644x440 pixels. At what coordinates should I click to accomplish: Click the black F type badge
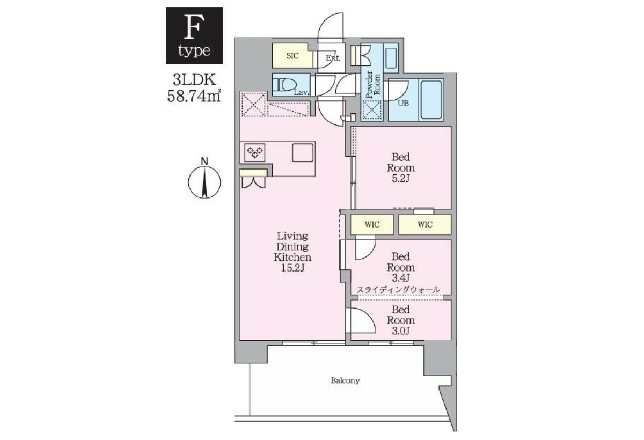click(x=194, y=35)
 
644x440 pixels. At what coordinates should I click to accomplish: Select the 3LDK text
click(x=194, y=79)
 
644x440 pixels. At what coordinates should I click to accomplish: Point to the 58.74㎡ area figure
click(x=194, y=96)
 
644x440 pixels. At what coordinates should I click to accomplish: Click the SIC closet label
click(x=292, y=56)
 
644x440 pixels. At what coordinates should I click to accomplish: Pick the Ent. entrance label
click(x=333, y=58)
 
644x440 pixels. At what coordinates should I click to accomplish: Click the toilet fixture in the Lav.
click(x=284, y=85)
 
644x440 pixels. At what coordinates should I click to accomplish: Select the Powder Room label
click(x=373, y=84)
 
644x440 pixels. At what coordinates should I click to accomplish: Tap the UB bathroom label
click(x=403, y=103)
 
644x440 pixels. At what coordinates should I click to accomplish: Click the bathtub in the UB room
click(x=431, y=100)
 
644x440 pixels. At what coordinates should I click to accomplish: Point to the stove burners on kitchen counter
click(x=255, y=152)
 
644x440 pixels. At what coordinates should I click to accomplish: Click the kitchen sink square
click(x=303, y=152)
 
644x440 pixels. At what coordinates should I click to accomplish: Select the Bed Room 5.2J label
click(x=401, y=168)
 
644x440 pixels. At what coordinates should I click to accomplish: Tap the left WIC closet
click(x=372, y=224)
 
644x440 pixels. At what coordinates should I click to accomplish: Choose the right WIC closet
click(x=425, y=224)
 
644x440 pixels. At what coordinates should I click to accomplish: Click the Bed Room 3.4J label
click(x=401, y=267)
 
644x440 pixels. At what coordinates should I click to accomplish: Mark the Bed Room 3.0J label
click(x=401, y=320)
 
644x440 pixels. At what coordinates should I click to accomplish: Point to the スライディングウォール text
click(x=398, y=290)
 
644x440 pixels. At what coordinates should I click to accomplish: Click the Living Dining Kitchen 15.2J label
click(x=292, y=252)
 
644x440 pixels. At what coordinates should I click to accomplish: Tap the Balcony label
click(x=345, y=380)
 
